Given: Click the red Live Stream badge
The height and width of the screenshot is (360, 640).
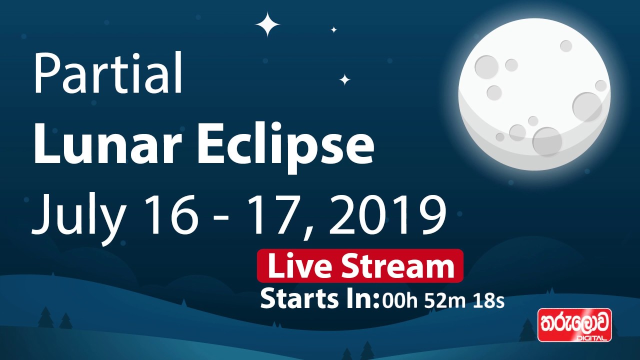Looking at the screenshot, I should (x=360, y=266).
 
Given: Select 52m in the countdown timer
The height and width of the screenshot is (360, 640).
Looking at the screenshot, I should (x=443, y=301).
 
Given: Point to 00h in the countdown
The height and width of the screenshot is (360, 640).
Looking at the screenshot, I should (x=400, y=301).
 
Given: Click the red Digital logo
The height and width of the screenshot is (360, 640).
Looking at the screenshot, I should (x=574, y=325).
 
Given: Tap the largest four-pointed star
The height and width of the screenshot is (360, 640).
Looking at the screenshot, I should (x=268, y=24).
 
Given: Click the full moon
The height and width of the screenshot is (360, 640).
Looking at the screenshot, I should (x=534, y=94).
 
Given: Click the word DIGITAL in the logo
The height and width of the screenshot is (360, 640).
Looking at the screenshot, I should (x=591, y=338).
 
